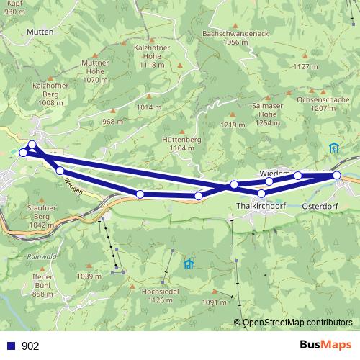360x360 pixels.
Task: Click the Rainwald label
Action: coord(41,256)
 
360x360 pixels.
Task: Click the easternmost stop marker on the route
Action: coord(337,175)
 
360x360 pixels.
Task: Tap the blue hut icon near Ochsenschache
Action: coord(333,148)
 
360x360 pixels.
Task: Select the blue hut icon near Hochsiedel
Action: coord(189,264)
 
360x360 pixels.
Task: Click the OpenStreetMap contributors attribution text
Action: coord(297,323)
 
